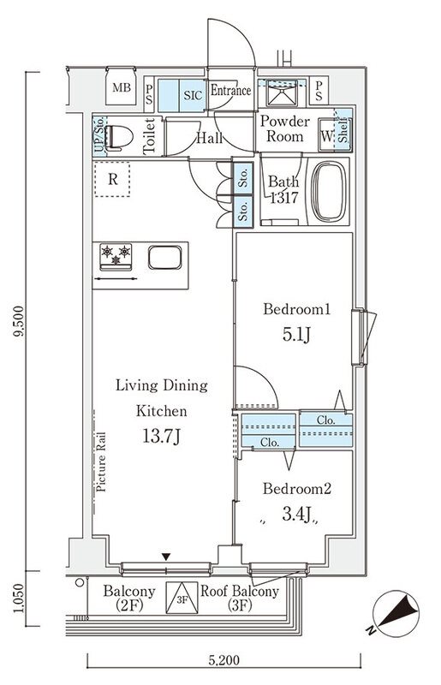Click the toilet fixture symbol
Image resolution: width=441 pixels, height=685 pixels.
pyautogui.click(x=118, y=137)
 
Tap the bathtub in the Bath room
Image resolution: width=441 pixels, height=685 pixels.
pyautogui.click(x=330, y=191)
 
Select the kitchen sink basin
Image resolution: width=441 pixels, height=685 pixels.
pyautogui.click(x=164, y=258)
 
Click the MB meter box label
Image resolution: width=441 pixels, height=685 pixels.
pyautogui.click(x=122, y=88)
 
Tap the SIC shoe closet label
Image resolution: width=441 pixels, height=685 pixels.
pyautogui.click(x=193, y=95)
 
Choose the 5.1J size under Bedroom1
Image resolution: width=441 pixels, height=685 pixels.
pyautogui.click(x=296, y=335)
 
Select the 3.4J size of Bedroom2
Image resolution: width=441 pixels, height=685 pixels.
pyautogui.click(x=296, y=515)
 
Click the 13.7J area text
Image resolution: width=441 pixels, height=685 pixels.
pyautogui.click(x=161, y=436)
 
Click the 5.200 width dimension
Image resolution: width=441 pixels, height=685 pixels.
pyautogui.click(x=223, y=659)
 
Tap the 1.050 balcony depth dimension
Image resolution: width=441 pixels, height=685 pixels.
pyautogui.click(x=18, y=598)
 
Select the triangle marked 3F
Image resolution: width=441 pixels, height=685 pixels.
pyautogui.click(x=182, y=598)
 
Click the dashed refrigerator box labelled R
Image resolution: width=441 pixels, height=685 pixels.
pyautogui.click(x=112, y=179)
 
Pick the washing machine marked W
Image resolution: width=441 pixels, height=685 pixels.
pyautogui.click(x=326, y=134)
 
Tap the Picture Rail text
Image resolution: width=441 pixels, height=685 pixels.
pyautogui.click(x=101, y=462)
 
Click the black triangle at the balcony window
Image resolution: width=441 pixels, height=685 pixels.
pyautogui.click(x=165, y=557)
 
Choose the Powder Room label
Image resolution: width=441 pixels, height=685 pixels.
pyautogui.click(x=285, y=128)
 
